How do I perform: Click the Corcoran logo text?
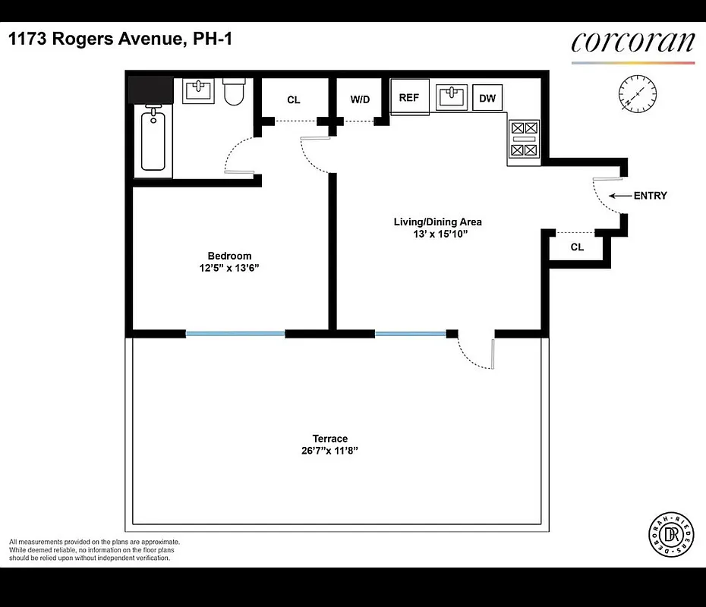click(x=632, y=42)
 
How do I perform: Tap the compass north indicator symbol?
click(x=638, y=95)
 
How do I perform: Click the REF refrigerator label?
click(x=409, y=98)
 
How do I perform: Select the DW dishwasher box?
click(x=487, y=98)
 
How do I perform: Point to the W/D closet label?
click(x=360, y=99)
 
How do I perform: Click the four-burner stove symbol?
click(x=524, y=140)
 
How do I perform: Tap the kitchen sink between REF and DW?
click(x=452, y=97)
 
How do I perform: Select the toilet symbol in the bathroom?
click(x=233, y=93)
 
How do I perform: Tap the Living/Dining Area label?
click(x=437, y=222)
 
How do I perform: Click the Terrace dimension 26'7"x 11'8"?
click(x=329, y=450)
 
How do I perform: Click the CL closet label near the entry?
click(x=577, y=247)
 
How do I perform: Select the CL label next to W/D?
click(x=294, y=99)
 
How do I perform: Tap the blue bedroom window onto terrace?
click(x=235, y=333)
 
